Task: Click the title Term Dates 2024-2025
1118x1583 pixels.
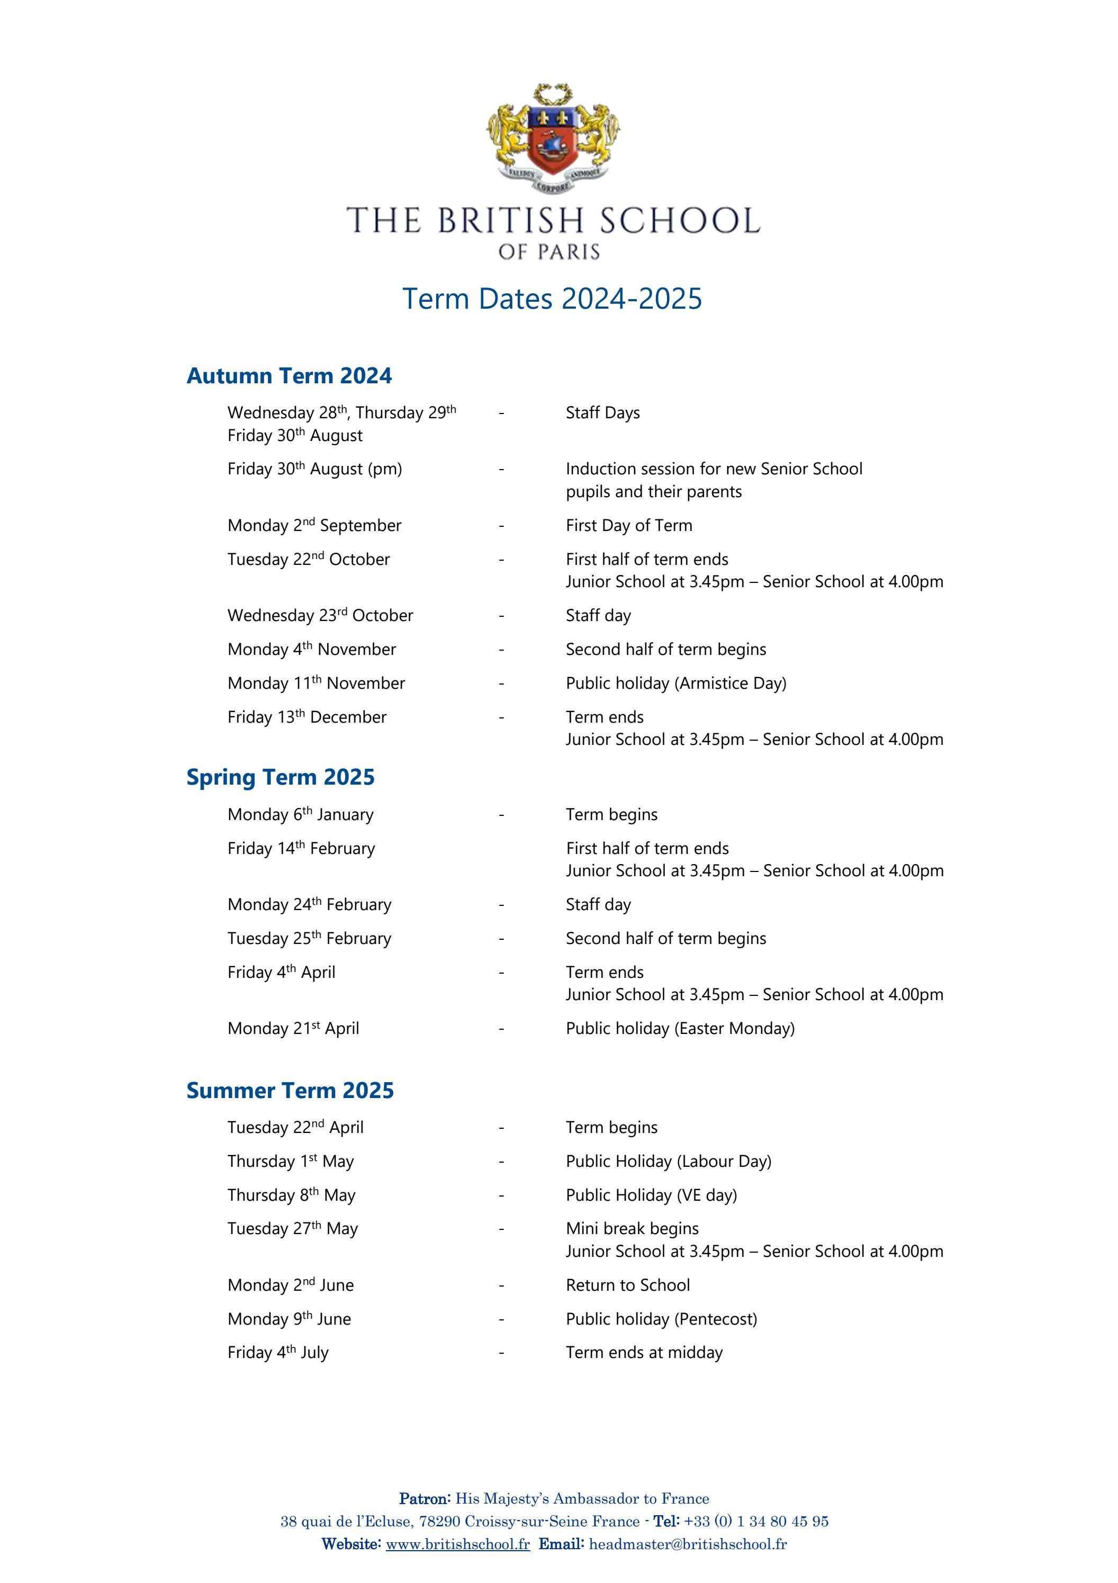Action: [552, 299]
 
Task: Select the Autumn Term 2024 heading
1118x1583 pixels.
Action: [289, 376]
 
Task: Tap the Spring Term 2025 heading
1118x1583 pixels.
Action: [280, 777]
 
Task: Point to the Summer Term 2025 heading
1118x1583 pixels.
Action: [290, 1090]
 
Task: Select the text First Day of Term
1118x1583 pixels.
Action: [629, 525]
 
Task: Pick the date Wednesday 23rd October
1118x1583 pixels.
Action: [320, 616]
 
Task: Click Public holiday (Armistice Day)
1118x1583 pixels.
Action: [675, 683]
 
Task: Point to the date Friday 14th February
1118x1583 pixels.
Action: [301, 849]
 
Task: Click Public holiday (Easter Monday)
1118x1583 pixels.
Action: [680, 1029]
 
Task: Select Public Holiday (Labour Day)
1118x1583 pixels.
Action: [668, 1161]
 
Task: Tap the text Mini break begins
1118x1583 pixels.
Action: [632, 1229]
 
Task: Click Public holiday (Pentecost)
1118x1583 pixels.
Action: [661, 1319]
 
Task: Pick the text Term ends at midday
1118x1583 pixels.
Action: [644, 1353]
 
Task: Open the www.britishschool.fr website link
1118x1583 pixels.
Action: [458, 1544]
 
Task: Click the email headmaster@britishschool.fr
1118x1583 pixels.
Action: [687, 1544]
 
